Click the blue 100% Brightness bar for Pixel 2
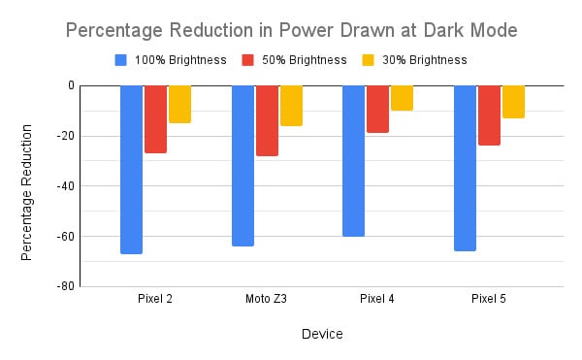tap(131, 169)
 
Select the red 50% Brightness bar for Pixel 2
tap(155, 118)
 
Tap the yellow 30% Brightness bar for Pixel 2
tap(179, 104)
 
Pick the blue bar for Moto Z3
tap(242, 165)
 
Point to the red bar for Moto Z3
tap(267, 120)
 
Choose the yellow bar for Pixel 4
tap(402, 98)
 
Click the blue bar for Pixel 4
tap(354, 160)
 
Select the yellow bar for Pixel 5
tap(513, 102)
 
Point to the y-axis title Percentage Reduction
tap(29, 191)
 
